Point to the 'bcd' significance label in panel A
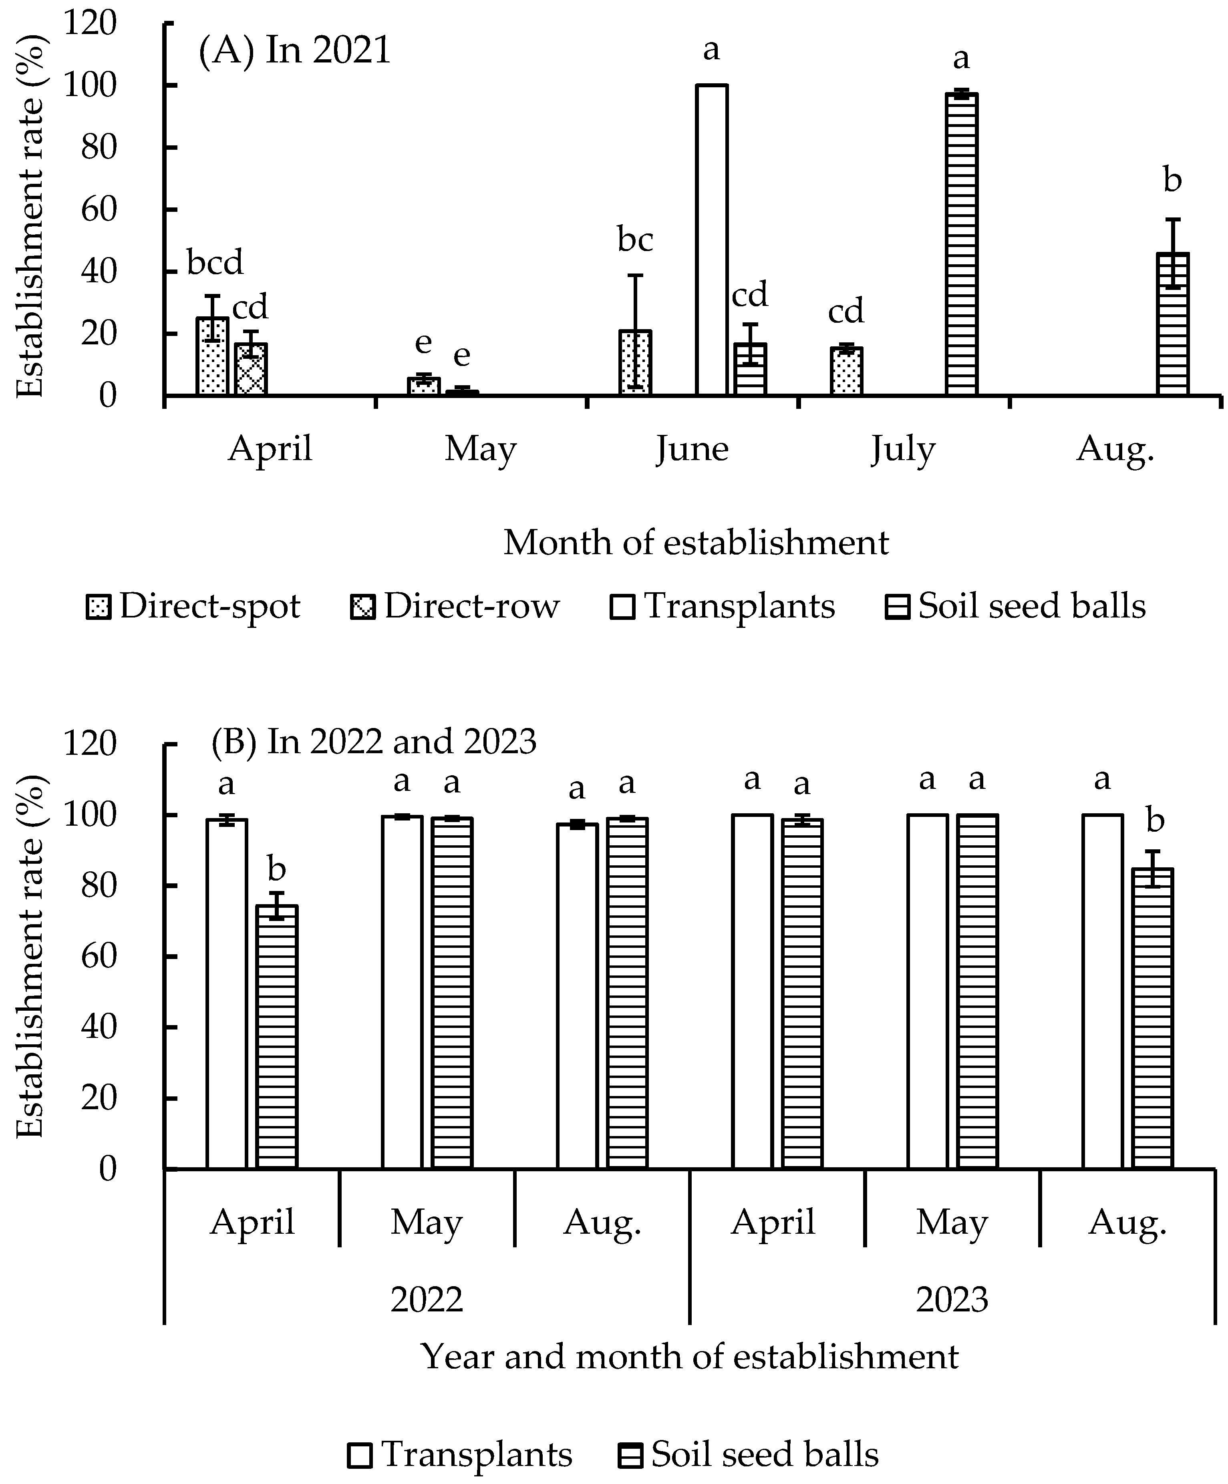click(x=215, y=263)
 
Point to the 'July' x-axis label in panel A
click(x=903, y=449)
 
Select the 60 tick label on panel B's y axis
click(x=98, y=956)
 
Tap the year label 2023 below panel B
click(x=952, y=1299)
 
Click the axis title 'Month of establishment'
click(x=696, y=543)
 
